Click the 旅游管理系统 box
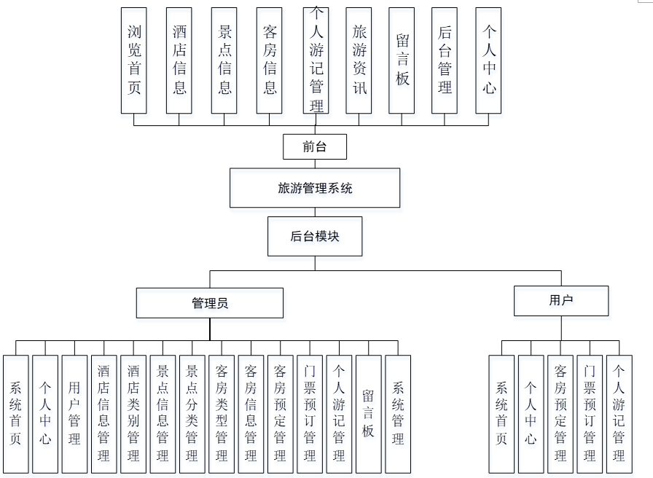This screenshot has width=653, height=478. pos(315,188)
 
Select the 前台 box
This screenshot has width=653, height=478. pos(315,146)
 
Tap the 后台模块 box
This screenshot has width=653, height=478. pos(315,236)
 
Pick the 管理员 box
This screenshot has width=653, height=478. pos(210,303)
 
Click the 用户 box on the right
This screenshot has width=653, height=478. pos(561,300)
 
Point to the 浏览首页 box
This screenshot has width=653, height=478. pos(134,60)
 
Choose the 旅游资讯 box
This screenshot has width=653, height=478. pos(359,60)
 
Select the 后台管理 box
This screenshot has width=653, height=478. pos(445,60)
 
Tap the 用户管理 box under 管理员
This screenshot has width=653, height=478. pos(74,414)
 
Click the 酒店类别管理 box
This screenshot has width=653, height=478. pos(133,414)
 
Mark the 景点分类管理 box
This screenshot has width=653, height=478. pos(192,414)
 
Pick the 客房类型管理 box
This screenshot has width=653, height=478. pos(222,414)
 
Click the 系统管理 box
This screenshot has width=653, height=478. pos(398,414)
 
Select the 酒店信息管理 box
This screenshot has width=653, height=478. pos(104,414)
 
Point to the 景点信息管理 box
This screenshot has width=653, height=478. pos(163,414)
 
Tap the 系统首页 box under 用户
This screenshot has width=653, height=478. pos(501,414)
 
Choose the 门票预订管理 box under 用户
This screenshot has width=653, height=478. pos(590,414)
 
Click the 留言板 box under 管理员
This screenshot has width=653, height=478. pos(369,414)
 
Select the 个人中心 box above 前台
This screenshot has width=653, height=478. pos(488,60)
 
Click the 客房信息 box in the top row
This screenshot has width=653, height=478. pos(270,60)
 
